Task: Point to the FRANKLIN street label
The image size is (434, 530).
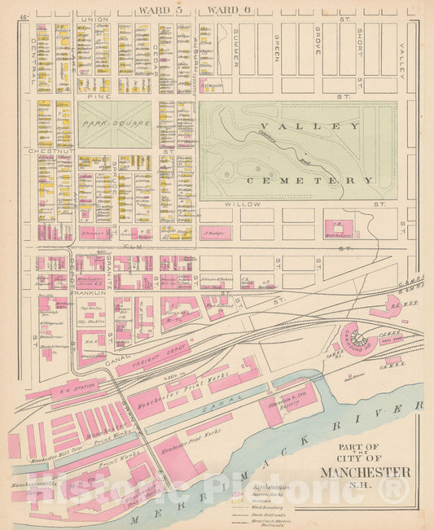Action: (90, 291)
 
